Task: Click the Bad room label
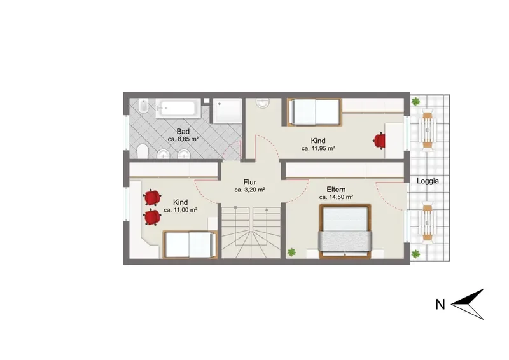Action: click(183, 132)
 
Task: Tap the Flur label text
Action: click(249, 182)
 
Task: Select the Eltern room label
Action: click(336, 190)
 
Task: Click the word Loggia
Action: click(428, 181)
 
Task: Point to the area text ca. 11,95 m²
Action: click(318, 148)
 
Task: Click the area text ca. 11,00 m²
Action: click(181, 210)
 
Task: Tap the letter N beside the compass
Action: click(440, 305)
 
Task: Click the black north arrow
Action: click(468, 304)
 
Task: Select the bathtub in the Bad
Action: click(176, 108)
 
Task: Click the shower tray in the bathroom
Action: click(228, 111)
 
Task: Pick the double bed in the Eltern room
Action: click(345, 231)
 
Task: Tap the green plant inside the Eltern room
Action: click(291, 252)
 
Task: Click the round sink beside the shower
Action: click(263, 102)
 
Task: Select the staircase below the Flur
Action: click(251, 232)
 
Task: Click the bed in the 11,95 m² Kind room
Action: click(314, 112)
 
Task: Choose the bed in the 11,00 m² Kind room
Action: click(190, 244)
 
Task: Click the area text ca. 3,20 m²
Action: click(250, 190)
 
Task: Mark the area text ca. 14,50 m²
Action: click(337, 197)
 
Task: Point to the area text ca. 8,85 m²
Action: click(183, 139)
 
